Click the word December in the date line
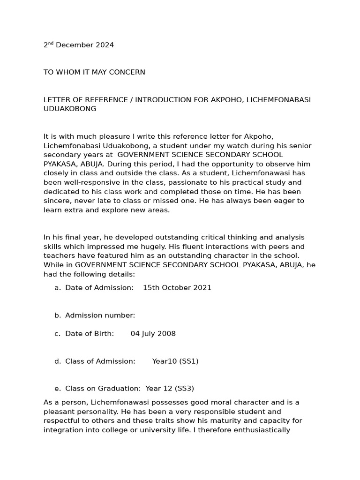(75, 45)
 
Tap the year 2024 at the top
(105, 45)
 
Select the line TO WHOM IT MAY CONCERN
(94, 73)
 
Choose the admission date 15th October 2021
(177, 288)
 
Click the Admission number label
(100, 315)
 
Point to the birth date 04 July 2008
(153, 334)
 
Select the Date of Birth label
(89, 334)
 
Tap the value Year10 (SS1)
(175, 361)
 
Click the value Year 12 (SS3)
(170, 389)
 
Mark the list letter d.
(57, 361)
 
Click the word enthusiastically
(255, 430)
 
